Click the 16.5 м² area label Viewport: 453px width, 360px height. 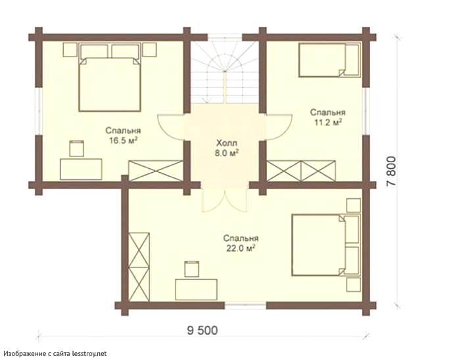pos(123,141)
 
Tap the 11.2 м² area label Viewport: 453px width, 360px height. pos(328,122)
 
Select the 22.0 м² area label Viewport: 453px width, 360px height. pos(241,248)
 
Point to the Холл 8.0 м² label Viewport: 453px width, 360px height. pos(226,148)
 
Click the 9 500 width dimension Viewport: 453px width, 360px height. pos(203,330)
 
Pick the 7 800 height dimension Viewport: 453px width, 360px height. pos(391,171)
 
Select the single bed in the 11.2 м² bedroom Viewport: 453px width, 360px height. pos(329,60)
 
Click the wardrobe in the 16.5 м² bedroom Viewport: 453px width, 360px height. pos(155,171)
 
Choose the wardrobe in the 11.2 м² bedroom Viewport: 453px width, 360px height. pos(301,171)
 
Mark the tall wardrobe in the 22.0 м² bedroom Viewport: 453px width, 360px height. pos(139,267)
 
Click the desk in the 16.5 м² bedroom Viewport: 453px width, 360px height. pos(81,169)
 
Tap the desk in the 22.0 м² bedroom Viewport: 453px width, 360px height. pos(196,290)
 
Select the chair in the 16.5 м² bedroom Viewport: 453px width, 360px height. pos(76,148)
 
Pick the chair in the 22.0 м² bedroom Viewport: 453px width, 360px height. pos(191,269)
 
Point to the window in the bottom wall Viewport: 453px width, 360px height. pos(245,305)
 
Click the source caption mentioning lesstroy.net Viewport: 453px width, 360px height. pos(55,353)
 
